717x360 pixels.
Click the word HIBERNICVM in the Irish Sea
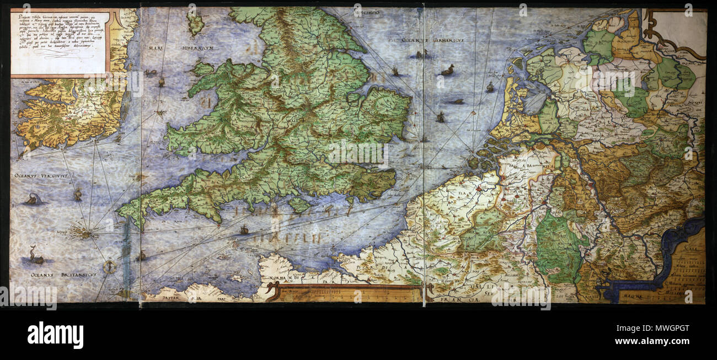point(195,48)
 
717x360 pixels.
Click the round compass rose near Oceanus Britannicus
point(110,267)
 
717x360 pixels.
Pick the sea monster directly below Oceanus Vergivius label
point(33,199)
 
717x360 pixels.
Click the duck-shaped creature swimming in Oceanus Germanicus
point(447,70)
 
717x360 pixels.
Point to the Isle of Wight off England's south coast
point(299,205)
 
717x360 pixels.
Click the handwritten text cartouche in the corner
point(60,42)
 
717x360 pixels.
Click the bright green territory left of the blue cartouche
point(558,247)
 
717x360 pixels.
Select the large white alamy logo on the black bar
point(55,335)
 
